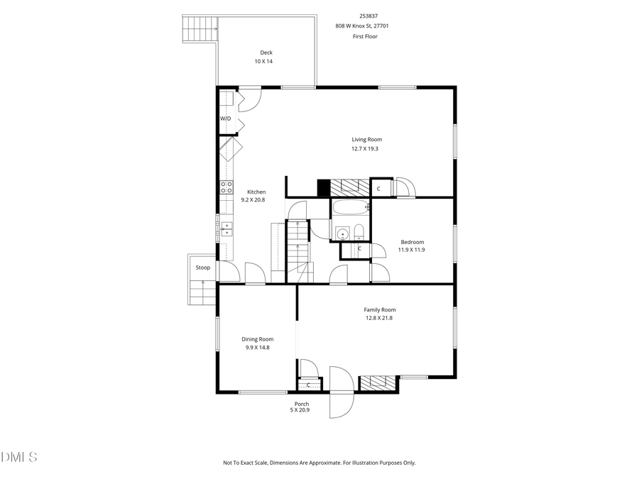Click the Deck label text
pyautogui.click(x=266, y=53)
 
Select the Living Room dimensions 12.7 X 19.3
pyautogui.click(x=366, y=149)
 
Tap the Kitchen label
pyautogui.click(x=256, y=192)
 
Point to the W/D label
pyautogui.click(x=225, y=119)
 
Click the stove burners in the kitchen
pyautogui.click(x=226, y=187)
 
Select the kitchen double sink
pyautogui.click(x=226, y=229)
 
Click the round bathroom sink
pyautogui.click(x=342, y=233)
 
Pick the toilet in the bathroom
pyautogui.click(x=359, y=231)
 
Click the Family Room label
pyautogui.click(x=380, y=309)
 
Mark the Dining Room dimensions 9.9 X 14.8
pyautogui.click(x=257, y=348)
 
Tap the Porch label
pyautogui.click(x=302, y=404)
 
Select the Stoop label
pyautogui.click(x=203, y=268)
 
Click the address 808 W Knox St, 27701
pyautogui.click(x=362, y=26)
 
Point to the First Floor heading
pyautogui.click(x=365, y=36)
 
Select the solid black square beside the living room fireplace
pyautogui.click(x=324, y=187)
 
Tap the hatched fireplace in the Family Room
pyautogui.click(x=377, y=384)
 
